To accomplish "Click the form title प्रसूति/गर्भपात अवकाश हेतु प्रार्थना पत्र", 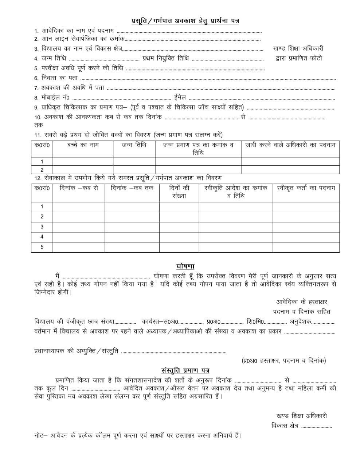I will [185, 21].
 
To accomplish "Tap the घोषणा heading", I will [185, 266].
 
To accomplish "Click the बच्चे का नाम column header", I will [83, 145].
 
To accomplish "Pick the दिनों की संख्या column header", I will [179, 192].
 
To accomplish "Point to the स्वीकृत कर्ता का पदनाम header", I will [306, 188].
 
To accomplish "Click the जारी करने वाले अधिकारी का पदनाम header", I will [290, 145].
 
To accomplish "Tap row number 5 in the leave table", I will [42, 247].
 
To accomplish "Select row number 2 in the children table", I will [42, 170].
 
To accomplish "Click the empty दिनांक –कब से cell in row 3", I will [79, 227].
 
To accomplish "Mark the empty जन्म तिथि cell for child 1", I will [134, 162].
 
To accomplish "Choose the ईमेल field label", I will [180, 98].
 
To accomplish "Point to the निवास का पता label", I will [56, 78].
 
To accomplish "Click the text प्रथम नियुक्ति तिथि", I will [166, 58].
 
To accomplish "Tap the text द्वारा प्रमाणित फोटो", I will [299, 58].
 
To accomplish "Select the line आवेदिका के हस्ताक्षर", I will [302, 302].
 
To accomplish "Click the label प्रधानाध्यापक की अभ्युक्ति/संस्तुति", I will [76, 351].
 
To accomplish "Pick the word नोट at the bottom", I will [39, 435].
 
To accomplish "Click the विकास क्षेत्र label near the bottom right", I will [285, 426].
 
